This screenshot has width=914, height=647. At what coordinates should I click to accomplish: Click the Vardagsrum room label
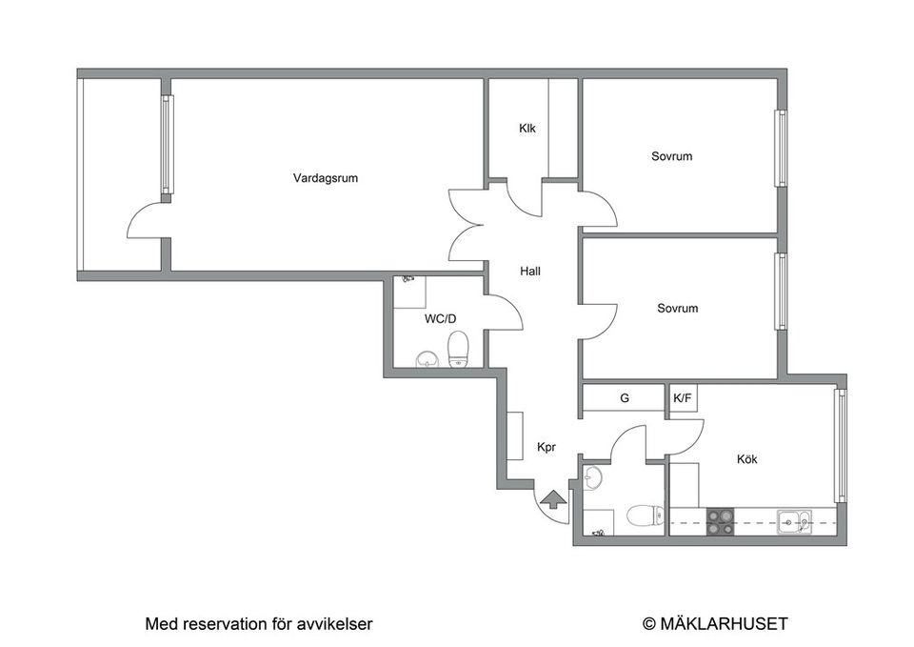coord(326,177)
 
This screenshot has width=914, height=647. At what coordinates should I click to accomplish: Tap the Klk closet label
coord(527,130)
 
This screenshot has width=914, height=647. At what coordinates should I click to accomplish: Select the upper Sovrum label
coord(671,155)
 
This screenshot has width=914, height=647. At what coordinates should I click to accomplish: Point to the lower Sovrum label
coord(677,308)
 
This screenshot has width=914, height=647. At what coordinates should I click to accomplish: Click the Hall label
coord(530,271)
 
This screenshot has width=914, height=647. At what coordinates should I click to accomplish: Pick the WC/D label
coord(440,319)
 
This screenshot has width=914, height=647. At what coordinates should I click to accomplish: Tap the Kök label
coord(747,459)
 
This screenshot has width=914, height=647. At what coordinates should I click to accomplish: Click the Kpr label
coord(546,446)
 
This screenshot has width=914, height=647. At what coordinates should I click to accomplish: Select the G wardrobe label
coord(625,398)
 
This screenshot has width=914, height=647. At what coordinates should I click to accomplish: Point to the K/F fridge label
coord(683,398)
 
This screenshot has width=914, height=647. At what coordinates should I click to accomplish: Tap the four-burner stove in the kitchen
coord(720,520)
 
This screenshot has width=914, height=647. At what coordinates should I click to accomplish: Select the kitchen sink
coord(792,520)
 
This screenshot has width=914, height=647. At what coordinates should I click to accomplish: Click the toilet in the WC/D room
coord(459,350)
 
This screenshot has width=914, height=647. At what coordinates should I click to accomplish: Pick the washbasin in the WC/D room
coord(427,358)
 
